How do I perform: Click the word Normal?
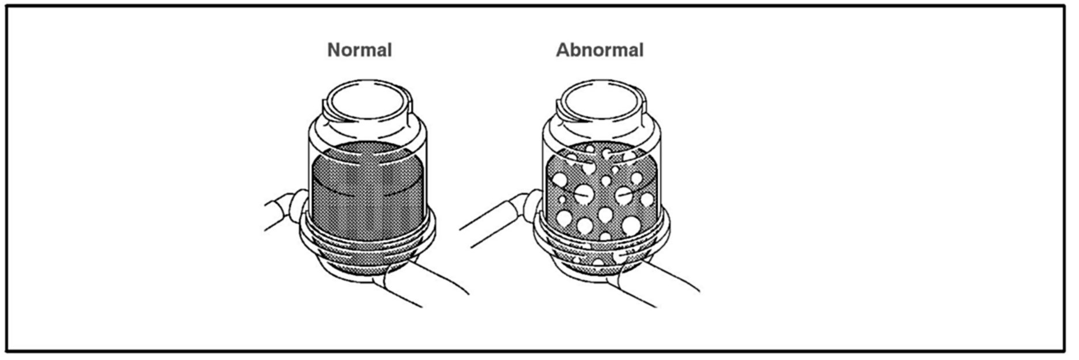tap(359, 50)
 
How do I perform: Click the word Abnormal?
tap(599, 50)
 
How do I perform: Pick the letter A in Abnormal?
tap(563, 50)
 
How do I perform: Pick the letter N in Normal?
tap(334, 50)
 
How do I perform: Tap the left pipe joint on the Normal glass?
tap(297, 204)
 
